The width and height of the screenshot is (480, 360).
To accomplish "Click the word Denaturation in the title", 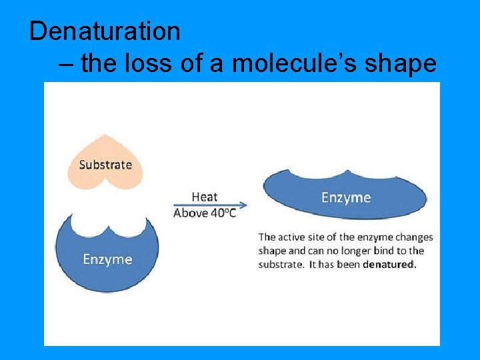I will pos(105,31).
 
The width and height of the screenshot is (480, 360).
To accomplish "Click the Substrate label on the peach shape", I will pos(105,165).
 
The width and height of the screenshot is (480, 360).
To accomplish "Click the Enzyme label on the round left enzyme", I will pos(107,259).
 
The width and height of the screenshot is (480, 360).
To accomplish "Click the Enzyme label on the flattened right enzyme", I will pos(346,197).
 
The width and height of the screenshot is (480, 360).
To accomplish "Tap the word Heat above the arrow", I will pos(205,196).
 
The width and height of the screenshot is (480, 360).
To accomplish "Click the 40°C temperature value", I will pos(221,213).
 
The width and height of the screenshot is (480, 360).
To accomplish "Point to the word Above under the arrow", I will pos(189,213).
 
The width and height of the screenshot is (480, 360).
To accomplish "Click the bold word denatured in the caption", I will pos(389,264).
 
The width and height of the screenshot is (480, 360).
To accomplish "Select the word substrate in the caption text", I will pos(280,264).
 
